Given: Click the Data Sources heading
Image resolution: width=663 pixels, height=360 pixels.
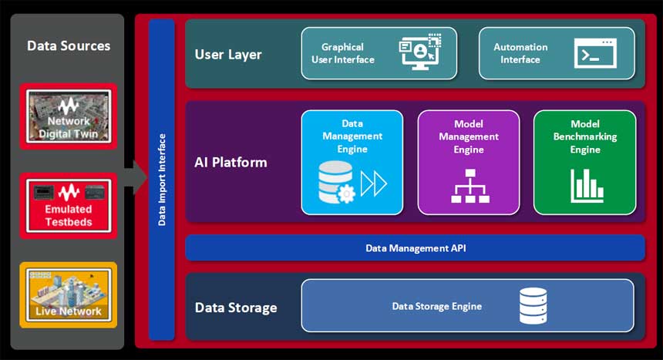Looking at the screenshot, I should pos(69,45).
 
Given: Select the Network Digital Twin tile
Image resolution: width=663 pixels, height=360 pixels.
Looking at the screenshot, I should pos(69,116).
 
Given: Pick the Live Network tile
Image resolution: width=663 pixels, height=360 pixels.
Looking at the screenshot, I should pos(69,295).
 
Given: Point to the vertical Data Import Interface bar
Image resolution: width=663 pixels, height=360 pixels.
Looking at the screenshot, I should pos(162,180).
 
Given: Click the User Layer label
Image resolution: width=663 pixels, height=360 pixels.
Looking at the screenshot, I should pos(228,55).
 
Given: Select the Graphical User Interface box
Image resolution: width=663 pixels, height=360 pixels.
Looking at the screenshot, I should pos(379,53).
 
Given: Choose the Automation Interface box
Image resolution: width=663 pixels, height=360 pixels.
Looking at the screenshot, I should pos(557,53).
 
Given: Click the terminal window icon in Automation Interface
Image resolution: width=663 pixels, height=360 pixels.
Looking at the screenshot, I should pos(594,54).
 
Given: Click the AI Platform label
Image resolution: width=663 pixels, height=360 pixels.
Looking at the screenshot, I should pos(231,163).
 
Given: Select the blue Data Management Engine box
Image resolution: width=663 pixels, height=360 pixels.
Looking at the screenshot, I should pos(352,162).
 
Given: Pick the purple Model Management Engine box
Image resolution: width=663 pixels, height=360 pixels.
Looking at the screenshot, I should pos(469,162).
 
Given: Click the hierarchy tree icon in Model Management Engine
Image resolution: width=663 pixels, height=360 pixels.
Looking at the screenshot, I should pos(469,186).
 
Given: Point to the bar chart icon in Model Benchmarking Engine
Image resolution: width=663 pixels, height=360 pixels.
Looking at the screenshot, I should pos(587,185).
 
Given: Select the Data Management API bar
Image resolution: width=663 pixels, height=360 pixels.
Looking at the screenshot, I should pos(415,248).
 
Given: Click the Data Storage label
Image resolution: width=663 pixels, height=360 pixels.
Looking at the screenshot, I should pos(236,308).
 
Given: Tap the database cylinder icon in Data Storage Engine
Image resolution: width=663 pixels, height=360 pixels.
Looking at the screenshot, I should pos(533,306).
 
